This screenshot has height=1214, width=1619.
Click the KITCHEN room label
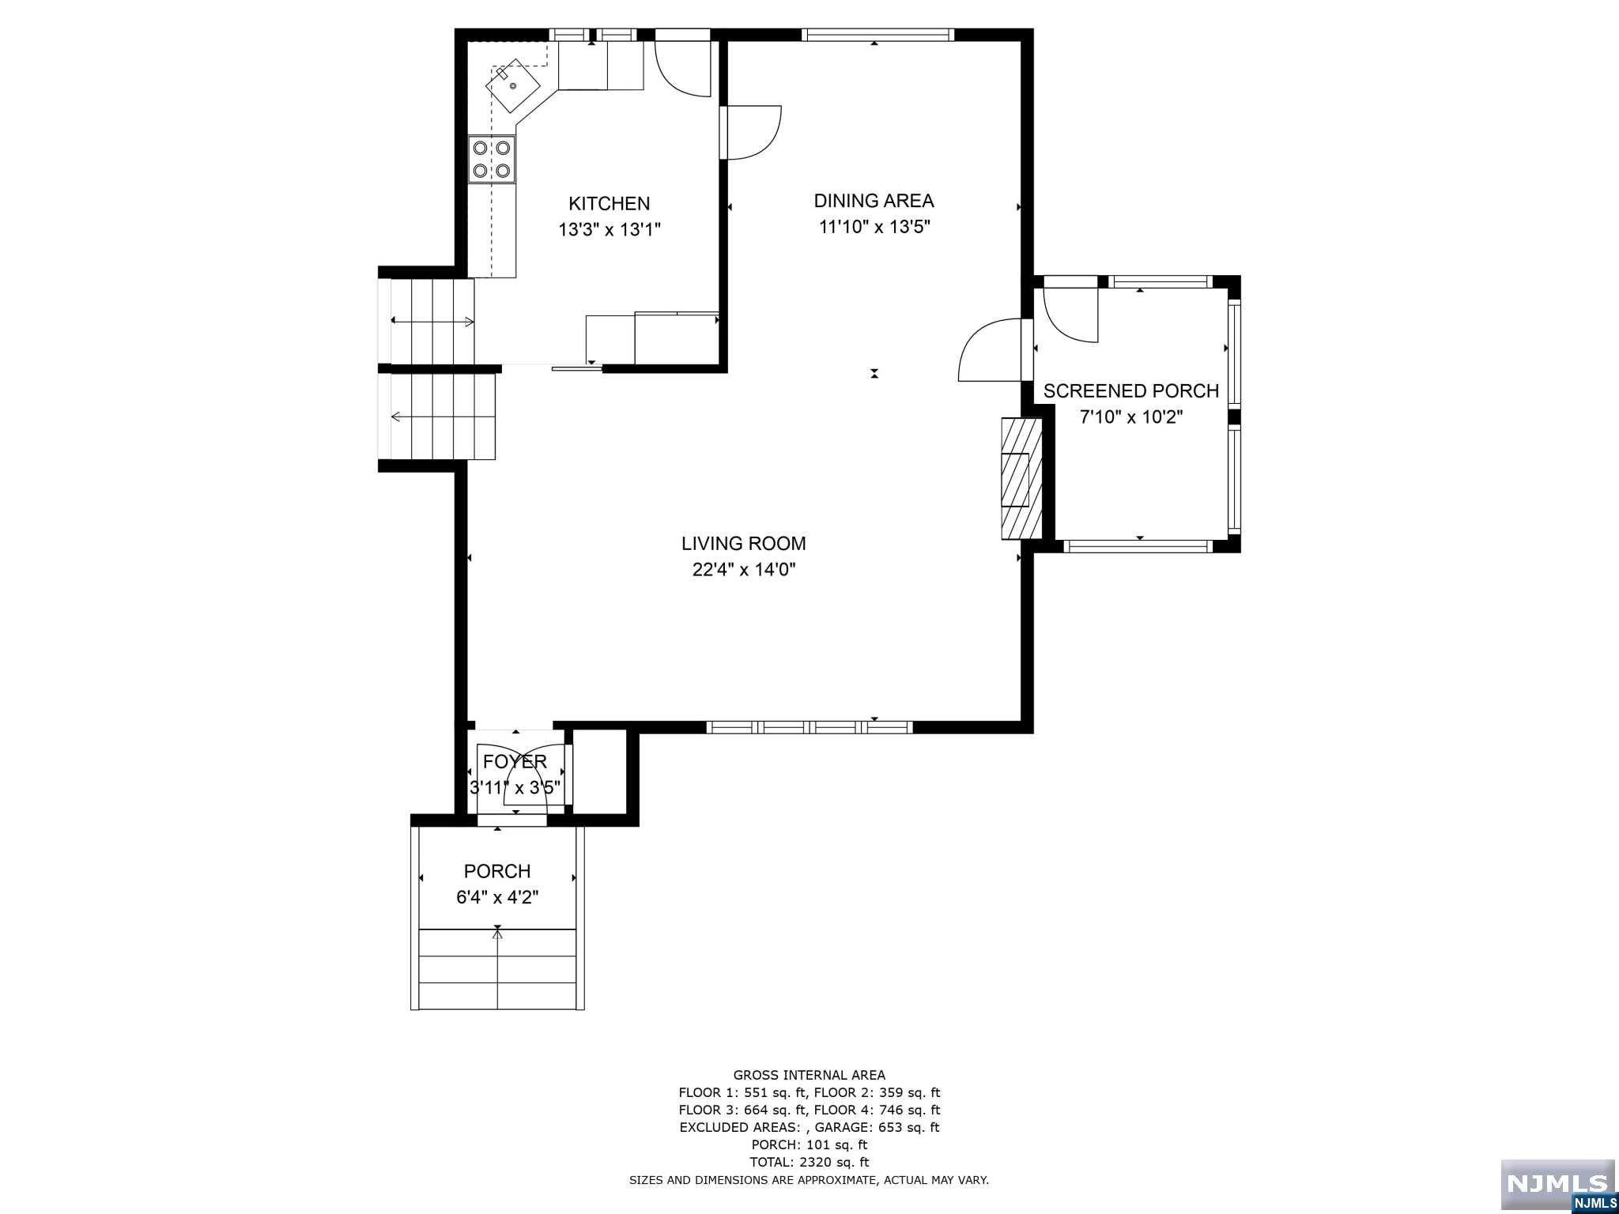pyautogui.click(x=609, y=203)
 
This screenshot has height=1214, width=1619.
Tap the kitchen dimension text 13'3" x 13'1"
pyautogui.click(x=609, y=230)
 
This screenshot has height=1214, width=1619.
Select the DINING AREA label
pyautogui.click(x=874, y=201)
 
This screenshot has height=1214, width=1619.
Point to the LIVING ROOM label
pyautogui.click(x=743, y=543)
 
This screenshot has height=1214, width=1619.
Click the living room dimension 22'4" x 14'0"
pyautogui.click(x=743, y=570)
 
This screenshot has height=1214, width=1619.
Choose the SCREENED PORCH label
pyautogui.click(x=1130, y=390)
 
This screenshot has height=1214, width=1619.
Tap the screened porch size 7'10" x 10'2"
pyautogui.click(x=1130, y=417)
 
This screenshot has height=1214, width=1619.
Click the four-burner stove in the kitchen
pyautogui.click(x=491, y=159)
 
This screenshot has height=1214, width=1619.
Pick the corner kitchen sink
pyautogui.click(x=514, y=85)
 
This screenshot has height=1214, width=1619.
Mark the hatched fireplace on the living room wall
pyautogui.click(x=1021, y=478)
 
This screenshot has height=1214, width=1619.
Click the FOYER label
pyautogui.click(x=515, y=761)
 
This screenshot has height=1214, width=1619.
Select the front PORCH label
pyautogui.click(x=496, y=871)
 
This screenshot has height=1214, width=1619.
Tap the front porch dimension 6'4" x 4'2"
pyautogui.click(x=496, y=898)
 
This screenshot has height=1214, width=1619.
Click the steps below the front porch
pyautogui.click(x=497, y=970)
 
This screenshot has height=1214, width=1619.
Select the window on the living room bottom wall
pyautogui.click(x=809, y=727)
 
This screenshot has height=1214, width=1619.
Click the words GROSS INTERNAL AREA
pyautogui.click(x=809, y=1075)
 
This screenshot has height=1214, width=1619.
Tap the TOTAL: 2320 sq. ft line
pyautogui.click(x=809, y=1162)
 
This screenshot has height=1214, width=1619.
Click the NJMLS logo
pyautogui.click(x=1557, y=1184)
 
